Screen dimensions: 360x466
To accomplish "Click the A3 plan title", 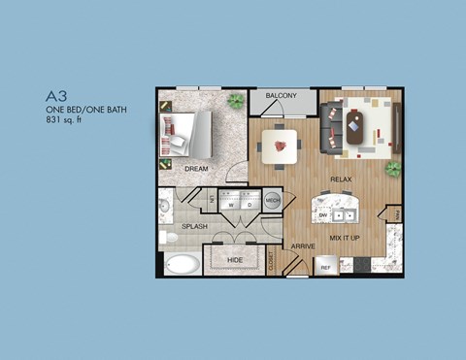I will [56, 96].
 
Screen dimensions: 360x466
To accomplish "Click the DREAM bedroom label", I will [196, 168].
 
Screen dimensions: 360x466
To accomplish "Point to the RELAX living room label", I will [340, 180].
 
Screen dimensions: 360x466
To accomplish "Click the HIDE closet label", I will [234, 260].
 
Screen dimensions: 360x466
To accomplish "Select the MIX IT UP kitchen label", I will [347, 237].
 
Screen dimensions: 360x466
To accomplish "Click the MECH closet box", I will [273, 201].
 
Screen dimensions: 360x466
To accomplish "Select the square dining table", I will [283, 147].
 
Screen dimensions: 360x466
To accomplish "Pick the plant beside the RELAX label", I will [392, 168].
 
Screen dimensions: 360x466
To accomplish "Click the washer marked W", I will [231, 205].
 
